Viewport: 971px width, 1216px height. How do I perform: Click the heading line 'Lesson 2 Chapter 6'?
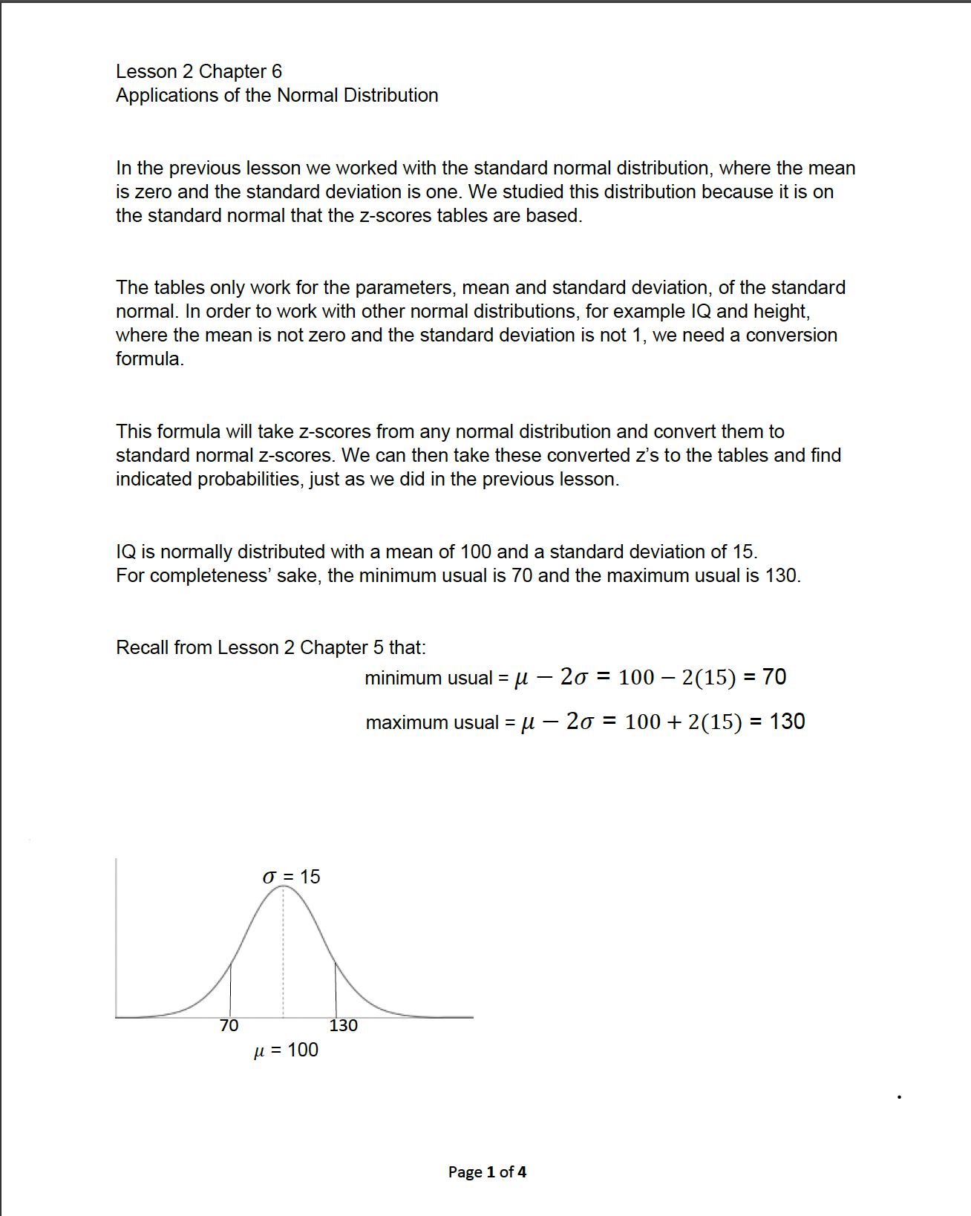point(199,71)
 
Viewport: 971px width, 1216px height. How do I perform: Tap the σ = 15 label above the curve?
point(291,877)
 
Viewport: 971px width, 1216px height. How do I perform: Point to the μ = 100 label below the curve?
point(286,1050)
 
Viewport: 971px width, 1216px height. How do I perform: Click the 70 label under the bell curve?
point(229,1026)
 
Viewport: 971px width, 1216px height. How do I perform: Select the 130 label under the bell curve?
point(343,1026)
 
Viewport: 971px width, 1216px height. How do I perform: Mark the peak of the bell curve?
point(284,886)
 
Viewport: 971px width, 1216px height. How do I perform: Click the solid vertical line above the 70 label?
point(230,991)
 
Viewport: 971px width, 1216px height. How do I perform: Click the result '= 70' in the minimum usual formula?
point(765,677)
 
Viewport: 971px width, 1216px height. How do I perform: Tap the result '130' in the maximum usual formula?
point(787,722)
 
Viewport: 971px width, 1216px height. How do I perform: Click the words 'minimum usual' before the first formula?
point(428,678)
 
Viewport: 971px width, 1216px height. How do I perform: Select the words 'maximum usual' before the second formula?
point(432,722)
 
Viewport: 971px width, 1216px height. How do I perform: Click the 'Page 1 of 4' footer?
point(487,1171)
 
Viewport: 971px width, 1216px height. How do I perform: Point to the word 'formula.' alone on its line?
point(149,359)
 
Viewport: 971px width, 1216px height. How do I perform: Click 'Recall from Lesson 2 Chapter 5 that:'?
point(271,647)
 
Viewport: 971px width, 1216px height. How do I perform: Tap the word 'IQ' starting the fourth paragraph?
point(125,552)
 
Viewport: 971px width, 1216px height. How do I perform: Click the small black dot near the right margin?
point(899,1096)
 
